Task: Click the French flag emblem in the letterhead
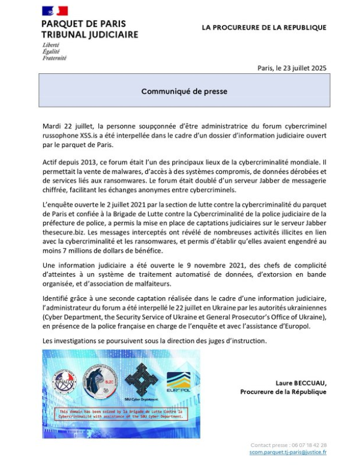(x=55, y=10)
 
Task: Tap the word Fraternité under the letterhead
(x=54, y=58)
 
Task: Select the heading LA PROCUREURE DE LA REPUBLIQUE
(x=264, y=28)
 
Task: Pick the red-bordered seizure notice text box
(x=120, y=412)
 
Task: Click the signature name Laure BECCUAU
(x=301, y=383)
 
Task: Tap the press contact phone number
(x=306, y=445)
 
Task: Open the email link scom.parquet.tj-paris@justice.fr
(x=288, y=452)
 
